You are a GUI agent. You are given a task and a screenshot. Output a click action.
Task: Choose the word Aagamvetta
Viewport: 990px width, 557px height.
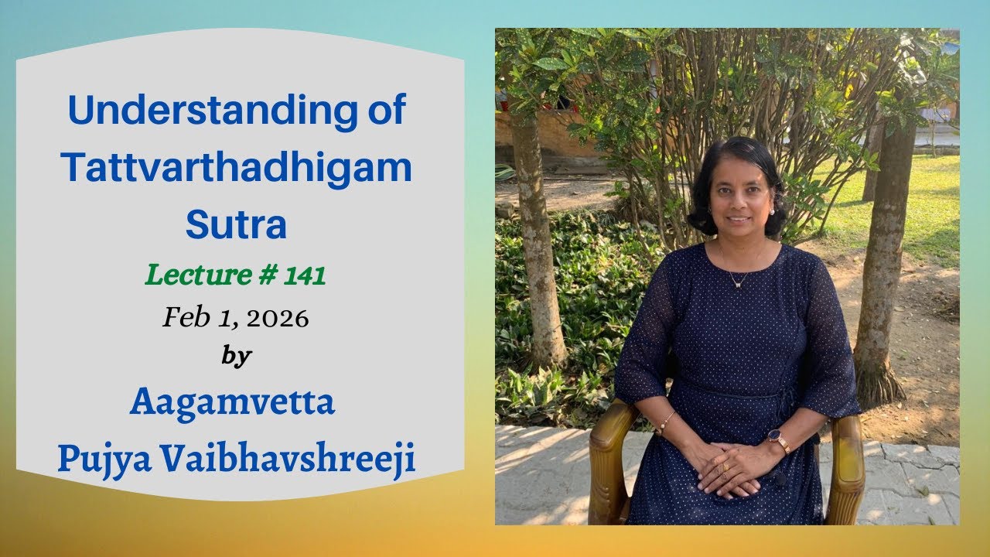point(233,402)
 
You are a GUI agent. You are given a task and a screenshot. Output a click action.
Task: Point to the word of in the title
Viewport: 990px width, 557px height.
point(383,111)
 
